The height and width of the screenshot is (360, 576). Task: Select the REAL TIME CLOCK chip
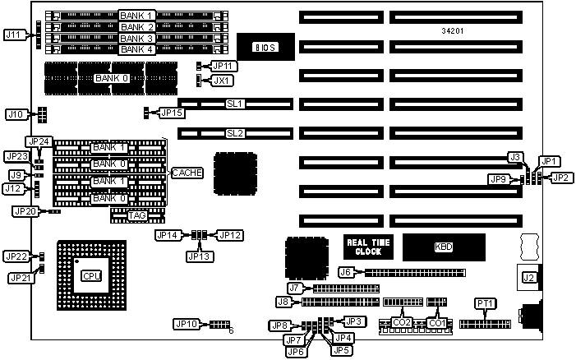[x=367, y=247]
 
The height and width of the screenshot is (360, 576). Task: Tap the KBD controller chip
[x=443, y=247]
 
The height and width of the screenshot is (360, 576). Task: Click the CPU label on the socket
[x=91, y=276]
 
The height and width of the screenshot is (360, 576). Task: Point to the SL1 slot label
[x=235, y=104]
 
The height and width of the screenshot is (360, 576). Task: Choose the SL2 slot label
[x=235, y=132]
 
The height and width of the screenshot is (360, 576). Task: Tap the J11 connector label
[x=15, y=35]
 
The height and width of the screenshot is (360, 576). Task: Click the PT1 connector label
[x=486, y=304]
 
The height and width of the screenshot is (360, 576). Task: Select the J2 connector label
[x=528, y=278]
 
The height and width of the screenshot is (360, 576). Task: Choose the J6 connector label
[x=346, y=272]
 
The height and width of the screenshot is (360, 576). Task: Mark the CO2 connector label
[x=402, y=322]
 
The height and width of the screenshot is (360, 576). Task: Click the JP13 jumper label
[x=198, y=256]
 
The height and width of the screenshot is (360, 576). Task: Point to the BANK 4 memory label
[x=136, y=49]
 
